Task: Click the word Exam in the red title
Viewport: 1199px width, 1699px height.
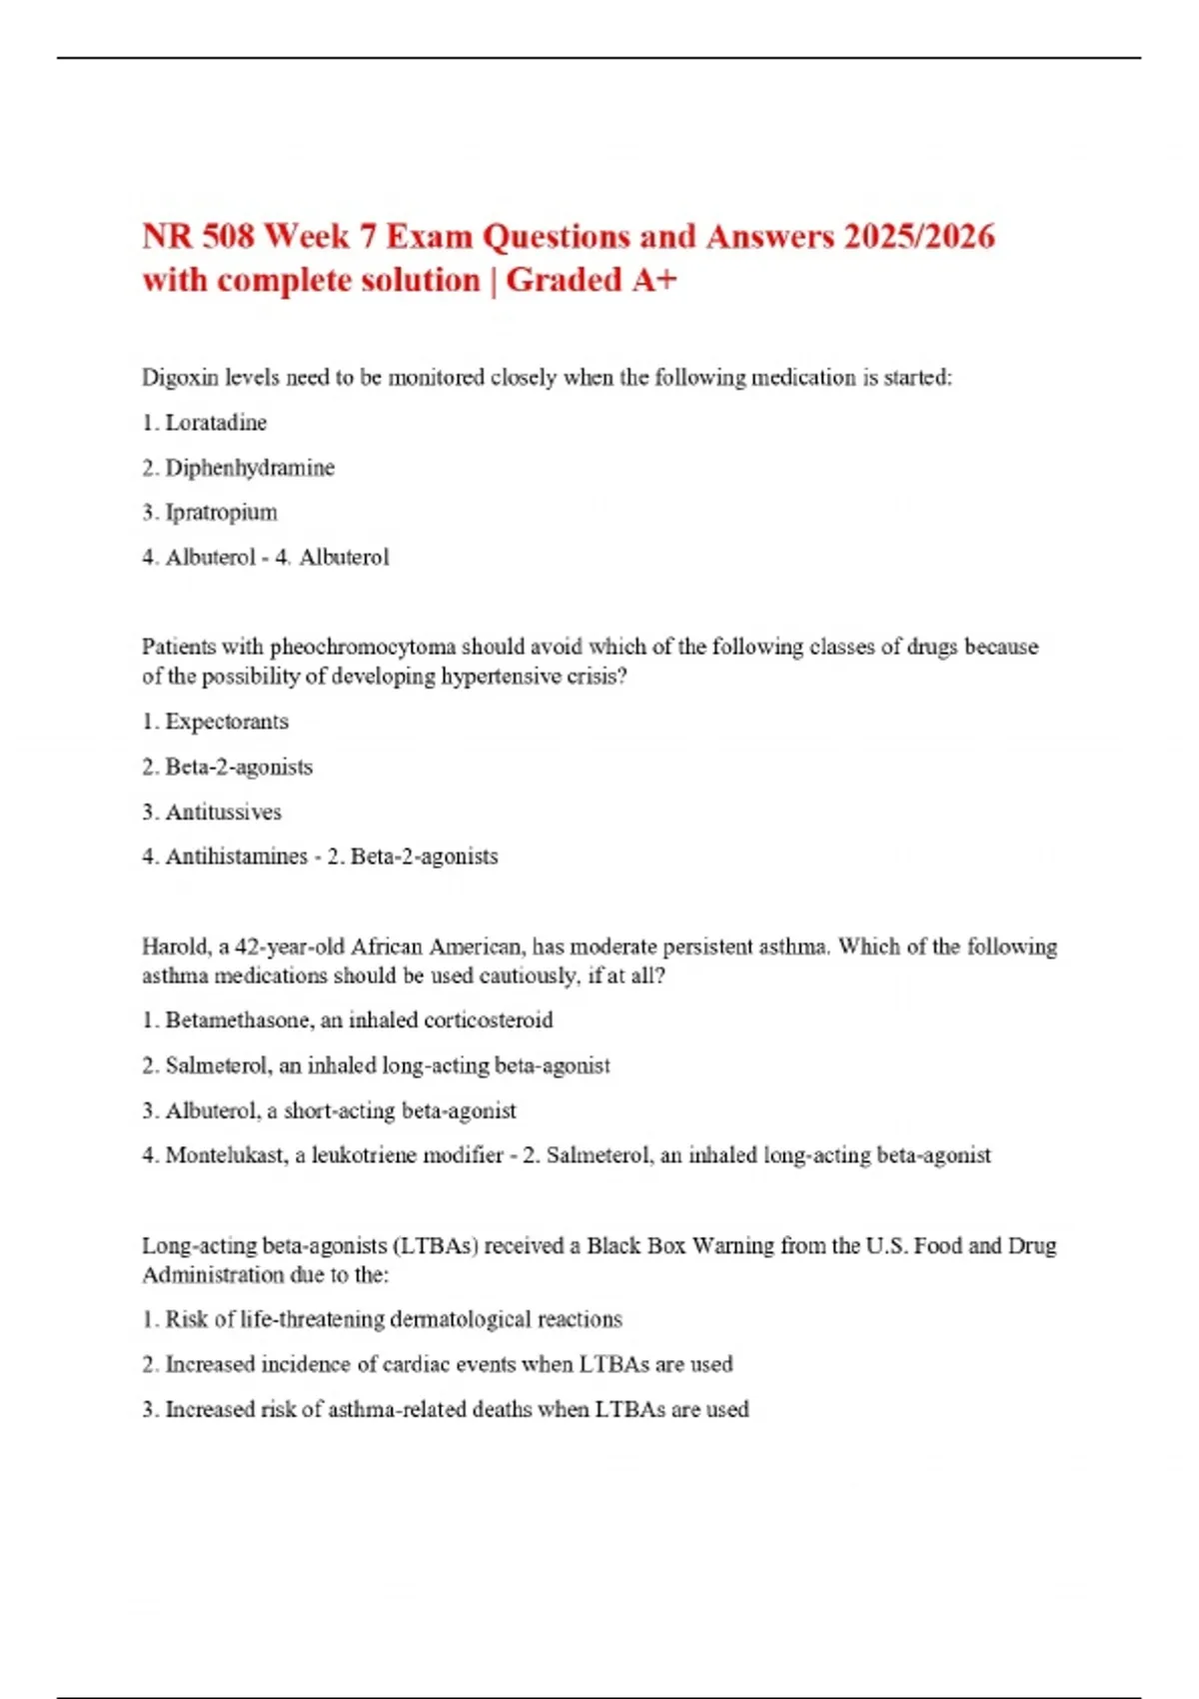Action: [x=429, y=237]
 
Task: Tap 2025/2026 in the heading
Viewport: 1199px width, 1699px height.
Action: [x=919, y=237]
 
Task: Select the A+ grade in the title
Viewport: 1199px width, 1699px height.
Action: [x=654, y=281]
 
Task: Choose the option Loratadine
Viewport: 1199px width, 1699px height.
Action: [x=216, y=423]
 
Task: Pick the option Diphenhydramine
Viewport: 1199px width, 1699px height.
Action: [x=250, y=468]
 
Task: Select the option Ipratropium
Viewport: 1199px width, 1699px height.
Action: [x=221, y=513]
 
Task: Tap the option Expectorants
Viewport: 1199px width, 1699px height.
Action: [x=227, y=722]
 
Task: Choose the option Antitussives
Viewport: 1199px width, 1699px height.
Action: [x=223, y=812]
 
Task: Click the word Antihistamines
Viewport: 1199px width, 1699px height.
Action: [x=236, y=856]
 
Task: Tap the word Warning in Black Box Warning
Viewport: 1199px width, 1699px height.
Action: [x=733, y=1245]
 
